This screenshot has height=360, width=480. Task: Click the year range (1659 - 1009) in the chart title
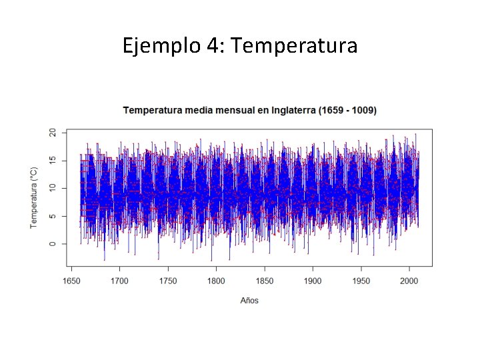343,110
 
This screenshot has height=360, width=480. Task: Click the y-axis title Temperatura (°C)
34,197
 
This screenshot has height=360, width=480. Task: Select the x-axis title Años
249,301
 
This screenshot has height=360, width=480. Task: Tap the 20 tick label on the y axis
53,133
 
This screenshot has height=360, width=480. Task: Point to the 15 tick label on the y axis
53,161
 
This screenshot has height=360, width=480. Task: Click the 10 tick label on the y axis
53,189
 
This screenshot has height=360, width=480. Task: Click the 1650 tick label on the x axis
71,281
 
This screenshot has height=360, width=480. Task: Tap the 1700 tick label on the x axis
119,281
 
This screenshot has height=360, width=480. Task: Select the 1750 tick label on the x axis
168,281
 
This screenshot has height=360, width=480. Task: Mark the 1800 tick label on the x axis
216,281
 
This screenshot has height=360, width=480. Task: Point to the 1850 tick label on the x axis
265,281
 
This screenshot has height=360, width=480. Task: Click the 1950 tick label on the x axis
361,281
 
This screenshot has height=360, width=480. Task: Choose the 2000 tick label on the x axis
409,281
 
